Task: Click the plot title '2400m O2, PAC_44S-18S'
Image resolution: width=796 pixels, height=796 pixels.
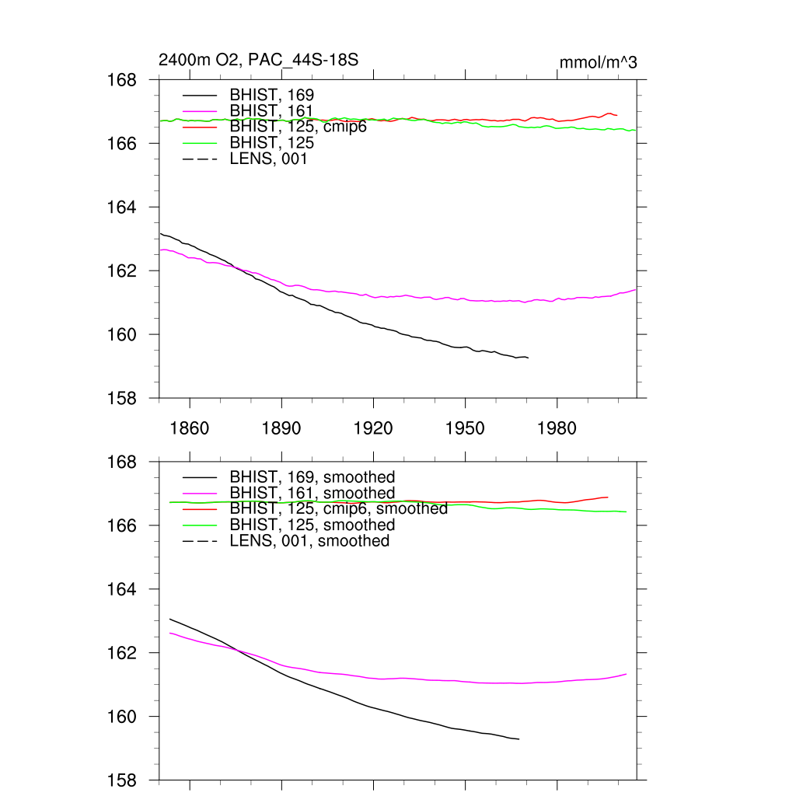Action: pyautogui.click(x=258, y=60)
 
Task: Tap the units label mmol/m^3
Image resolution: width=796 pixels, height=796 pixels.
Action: pyautogui.click(x=598, y=62)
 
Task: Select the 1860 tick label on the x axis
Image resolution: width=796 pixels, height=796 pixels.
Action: pyautogui.click(x=190, y=428)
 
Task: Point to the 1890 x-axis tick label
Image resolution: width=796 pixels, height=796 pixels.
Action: pyautogui.click(x=281, y=428)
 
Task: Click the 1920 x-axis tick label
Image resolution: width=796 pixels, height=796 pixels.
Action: pyautogui.click(x=373, y=428)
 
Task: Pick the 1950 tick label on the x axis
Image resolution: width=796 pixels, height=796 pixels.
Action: pyautogui.click(x=465, y=428)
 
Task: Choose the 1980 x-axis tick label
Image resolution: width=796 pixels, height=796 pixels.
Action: pyautogui.click(x=557, y=428)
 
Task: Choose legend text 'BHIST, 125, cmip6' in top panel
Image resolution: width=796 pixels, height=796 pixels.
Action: pyautogui.click(x=298, y=127)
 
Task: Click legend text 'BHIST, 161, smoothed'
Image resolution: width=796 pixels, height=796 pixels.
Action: pyautogui.click(x=312, y=494)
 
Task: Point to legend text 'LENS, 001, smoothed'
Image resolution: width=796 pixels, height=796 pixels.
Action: pyautogui.click(x=309, y=541)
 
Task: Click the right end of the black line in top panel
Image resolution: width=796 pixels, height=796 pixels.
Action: pyautogui.click(x=528, y=358)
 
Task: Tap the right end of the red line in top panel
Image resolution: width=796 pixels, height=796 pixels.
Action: pyautogui.click(x=616, y=115)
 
